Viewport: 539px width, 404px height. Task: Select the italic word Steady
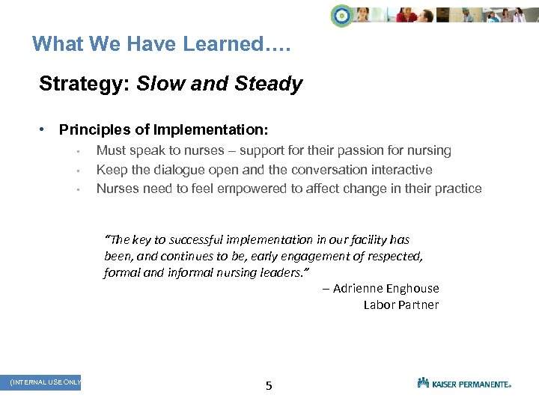click(x=269, y=84)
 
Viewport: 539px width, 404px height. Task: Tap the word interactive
click(x=398, y=170)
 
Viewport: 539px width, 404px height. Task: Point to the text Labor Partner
click(x=401, y=304)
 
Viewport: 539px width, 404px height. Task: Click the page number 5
click(x=269, y=386)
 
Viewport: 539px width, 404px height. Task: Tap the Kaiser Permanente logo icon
click(x=424, y=382)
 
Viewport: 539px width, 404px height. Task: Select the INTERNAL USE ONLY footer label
click(x=45, y=382)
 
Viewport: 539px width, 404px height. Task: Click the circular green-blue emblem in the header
click(x=342, y=16)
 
